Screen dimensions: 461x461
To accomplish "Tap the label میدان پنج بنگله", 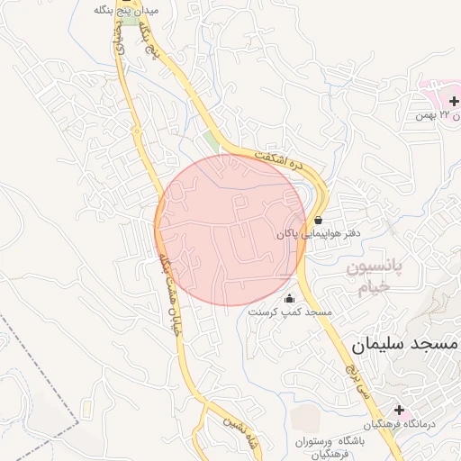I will (x=126, y=10).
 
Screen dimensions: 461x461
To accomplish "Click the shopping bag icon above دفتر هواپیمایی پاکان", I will (x=319, y=219).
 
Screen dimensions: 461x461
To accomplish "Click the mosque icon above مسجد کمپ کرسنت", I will (x=289, y=298).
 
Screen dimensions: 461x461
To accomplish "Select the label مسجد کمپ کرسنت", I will (x=290, y=312).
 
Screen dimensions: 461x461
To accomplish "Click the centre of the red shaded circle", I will (x=230, y=230).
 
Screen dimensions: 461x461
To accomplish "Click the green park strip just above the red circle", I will (x=212, y=142).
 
